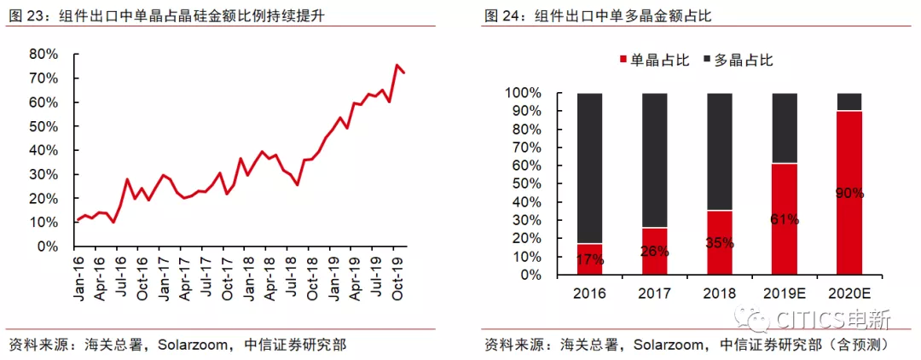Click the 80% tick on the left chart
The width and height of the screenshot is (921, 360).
click(43, 54)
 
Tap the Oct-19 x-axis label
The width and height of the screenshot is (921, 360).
click(396, 279)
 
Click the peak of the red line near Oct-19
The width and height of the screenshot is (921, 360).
click(397, 65)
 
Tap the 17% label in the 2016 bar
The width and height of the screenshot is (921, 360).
click(589, 259)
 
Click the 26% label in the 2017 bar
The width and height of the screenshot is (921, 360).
click(654, 251)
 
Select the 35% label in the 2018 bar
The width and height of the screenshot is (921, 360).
click(719, 242)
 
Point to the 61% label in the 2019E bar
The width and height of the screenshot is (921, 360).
click(784, 218)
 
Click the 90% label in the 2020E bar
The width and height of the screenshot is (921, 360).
click(849, 193)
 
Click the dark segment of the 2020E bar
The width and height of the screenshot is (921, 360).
click(849, 102)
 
